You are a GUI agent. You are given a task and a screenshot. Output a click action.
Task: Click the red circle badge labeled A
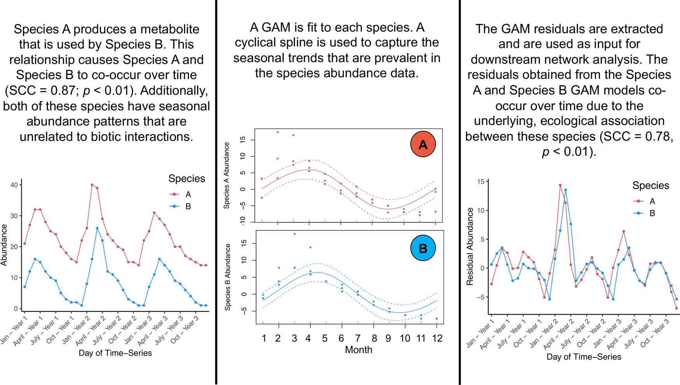[423, 144]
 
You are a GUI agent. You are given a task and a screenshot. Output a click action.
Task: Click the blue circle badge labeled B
[423, 248]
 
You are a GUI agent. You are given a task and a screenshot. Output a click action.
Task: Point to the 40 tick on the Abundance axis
[14, 185]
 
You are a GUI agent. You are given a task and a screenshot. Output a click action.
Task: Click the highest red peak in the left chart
[92, 185]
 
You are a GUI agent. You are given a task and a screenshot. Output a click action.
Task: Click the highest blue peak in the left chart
[97, 228]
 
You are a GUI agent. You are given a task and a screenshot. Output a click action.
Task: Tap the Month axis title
[358, 350]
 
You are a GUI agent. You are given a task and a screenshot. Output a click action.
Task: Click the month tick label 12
[437, 338]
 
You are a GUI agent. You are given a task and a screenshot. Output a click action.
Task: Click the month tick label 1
[264, 338]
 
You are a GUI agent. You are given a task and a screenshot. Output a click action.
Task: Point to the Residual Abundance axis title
[470, 247]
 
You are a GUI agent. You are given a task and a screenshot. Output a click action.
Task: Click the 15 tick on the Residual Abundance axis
[481, 182]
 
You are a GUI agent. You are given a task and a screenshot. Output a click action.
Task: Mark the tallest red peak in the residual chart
[560, 185]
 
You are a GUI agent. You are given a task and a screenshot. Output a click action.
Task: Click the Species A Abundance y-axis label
[227, 175]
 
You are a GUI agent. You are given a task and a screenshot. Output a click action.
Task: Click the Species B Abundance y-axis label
[228, 277]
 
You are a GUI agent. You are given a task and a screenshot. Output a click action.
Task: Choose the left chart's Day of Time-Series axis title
[115, 353]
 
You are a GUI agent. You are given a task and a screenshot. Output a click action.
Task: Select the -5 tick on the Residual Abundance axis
[481, 297]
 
